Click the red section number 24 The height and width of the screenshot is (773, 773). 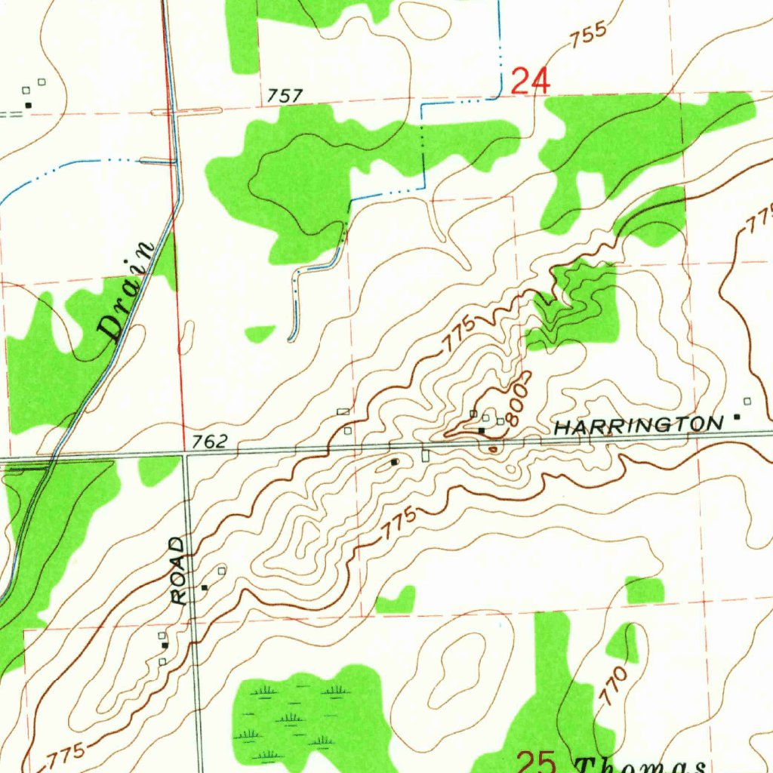pyautogui.click(x=531, y=81)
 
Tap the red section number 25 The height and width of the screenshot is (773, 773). pyautogui.click(x=535, y=761)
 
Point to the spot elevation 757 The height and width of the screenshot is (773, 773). pyautogui.click(x=285, y=96)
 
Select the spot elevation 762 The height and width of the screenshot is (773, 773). pyautogui.click(x=209, y=442)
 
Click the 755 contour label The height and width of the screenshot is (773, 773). pyautogui.click(x=588, y=35)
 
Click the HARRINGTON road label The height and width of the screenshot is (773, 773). pyautogui.click(x=638, y=426)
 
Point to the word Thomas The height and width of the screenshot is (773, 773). pyautogui.click(x=642, y=764)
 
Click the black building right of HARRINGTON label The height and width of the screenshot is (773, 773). pyautogui.click(x=738, y=417)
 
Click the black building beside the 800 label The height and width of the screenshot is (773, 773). pyautogui.click(x=482, y=430)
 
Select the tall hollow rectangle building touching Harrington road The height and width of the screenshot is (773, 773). pyautogui.click(x=425, y=456)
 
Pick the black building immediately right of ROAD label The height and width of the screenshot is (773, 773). pyautogui.click(x=205, y=587)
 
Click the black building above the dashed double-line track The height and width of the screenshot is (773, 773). pyautogui.click(x=29, y=105)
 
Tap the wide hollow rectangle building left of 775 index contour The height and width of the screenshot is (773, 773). pyautogui.click(x=343, y=411)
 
